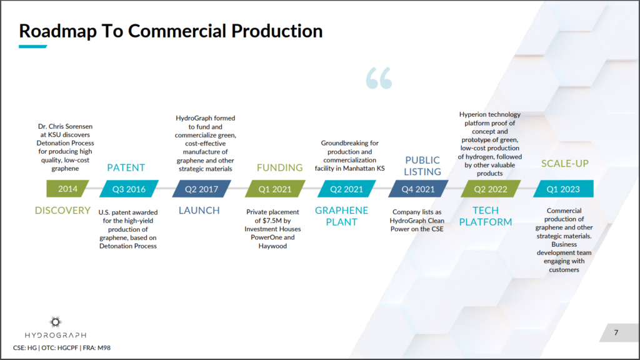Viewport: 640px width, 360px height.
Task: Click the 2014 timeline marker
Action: (67, 189)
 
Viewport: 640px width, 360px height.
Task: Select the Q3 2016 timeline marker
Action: (129, 189)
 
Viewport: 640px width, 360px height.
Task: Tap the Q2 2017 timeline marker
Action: (202, 189)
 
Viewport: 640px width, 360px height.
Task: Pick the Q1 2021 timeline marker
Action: (275, 189)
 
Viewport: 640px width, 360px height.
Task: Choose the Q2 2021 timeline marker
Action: (346, 189)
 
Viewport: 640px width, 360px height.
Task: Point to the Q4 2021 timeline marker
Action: (418, 189)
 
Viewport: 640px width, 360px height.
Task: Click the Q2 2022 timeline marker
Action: (491, 189)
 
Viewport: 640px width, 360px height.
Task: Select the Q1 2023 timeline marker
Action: (563, 189)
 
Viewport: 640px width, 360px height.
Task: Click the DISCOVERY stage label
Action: (62, 210)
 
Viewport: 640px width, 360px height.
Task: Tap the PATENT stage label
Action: (126, 167)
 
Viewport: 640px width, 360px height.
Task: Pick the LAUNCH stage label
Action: (199, 210)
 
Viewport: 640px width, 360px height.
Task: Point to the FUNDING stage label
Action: (279, 167)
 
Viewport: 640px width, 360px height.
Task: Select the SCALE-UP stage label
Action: (565, 163)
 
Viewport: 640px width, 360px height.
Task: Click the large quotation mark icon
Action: (379, 78)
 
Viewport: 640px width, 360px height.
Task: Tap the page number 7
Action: (616, 332)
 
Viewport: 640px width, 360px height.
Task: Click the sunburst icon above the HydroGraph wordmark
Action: (56, 322)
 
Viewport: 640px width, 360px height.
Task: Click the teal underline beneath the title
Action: (33, 46)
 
